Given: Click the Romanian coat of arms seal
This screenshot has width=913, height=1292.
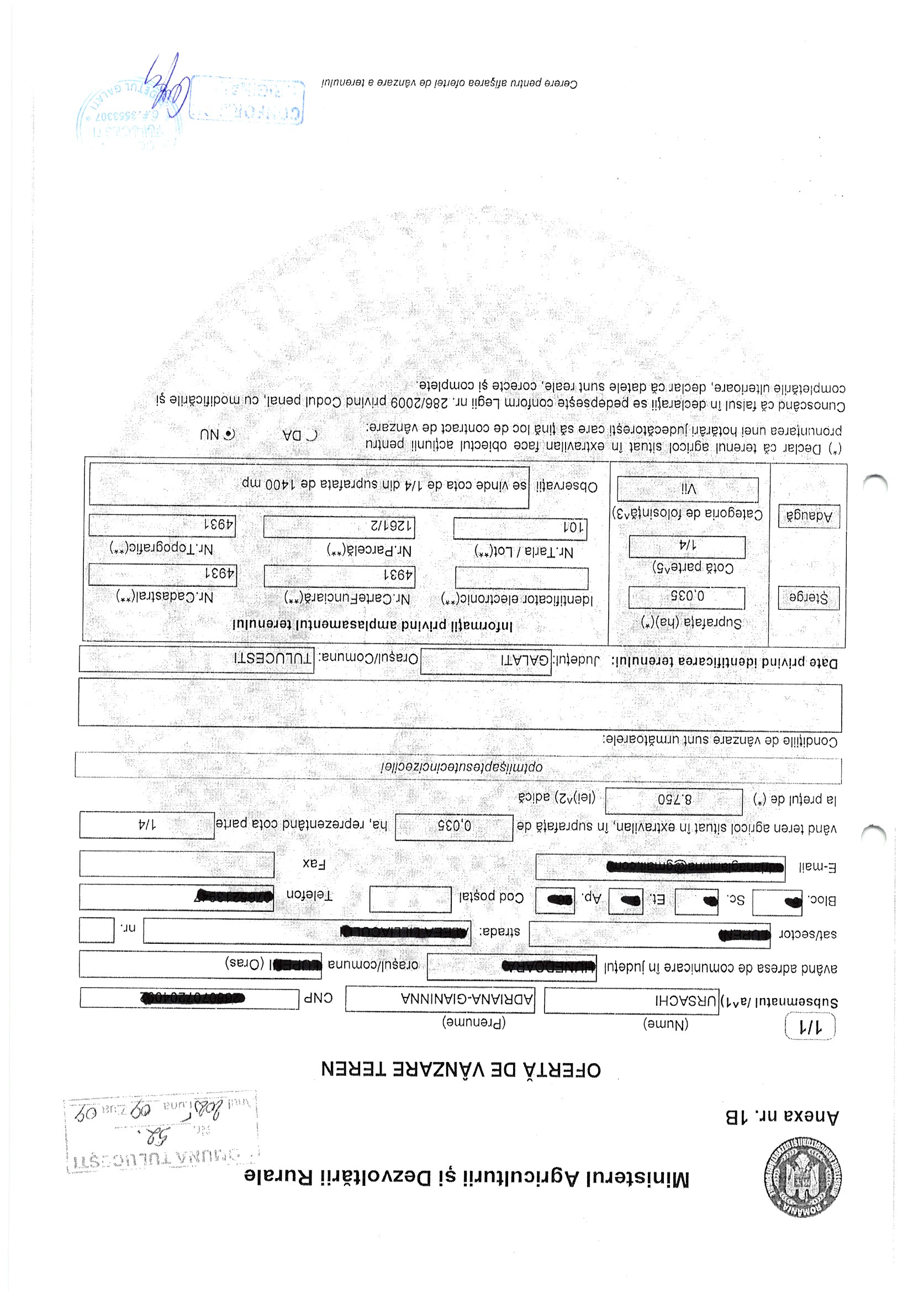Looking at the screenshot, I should click(x=803, y=1177).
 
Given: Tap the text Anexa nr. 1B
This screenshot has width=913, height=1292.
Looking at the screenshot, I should click(x=782, y=1116).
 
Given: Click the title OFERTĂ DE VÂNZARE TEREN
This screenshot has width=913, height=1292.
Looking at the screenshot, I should click(x=461, y=1069).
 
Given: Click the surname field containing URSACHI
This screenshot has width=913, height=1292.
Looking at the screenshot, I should click(x=631, y=1001).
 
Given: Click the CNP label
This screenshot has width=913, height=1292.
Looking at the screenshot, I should click(x=318, y=997).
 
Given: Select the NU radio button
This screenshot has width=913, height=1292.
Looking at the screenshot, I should click(x=230, y=434).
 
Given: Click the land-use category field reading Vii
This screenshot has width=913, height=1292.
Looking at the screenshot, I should click(x=688, y=489).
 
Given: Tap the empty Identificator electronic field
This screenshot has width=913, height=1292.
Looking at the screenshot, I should click(x=521, y=577).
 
